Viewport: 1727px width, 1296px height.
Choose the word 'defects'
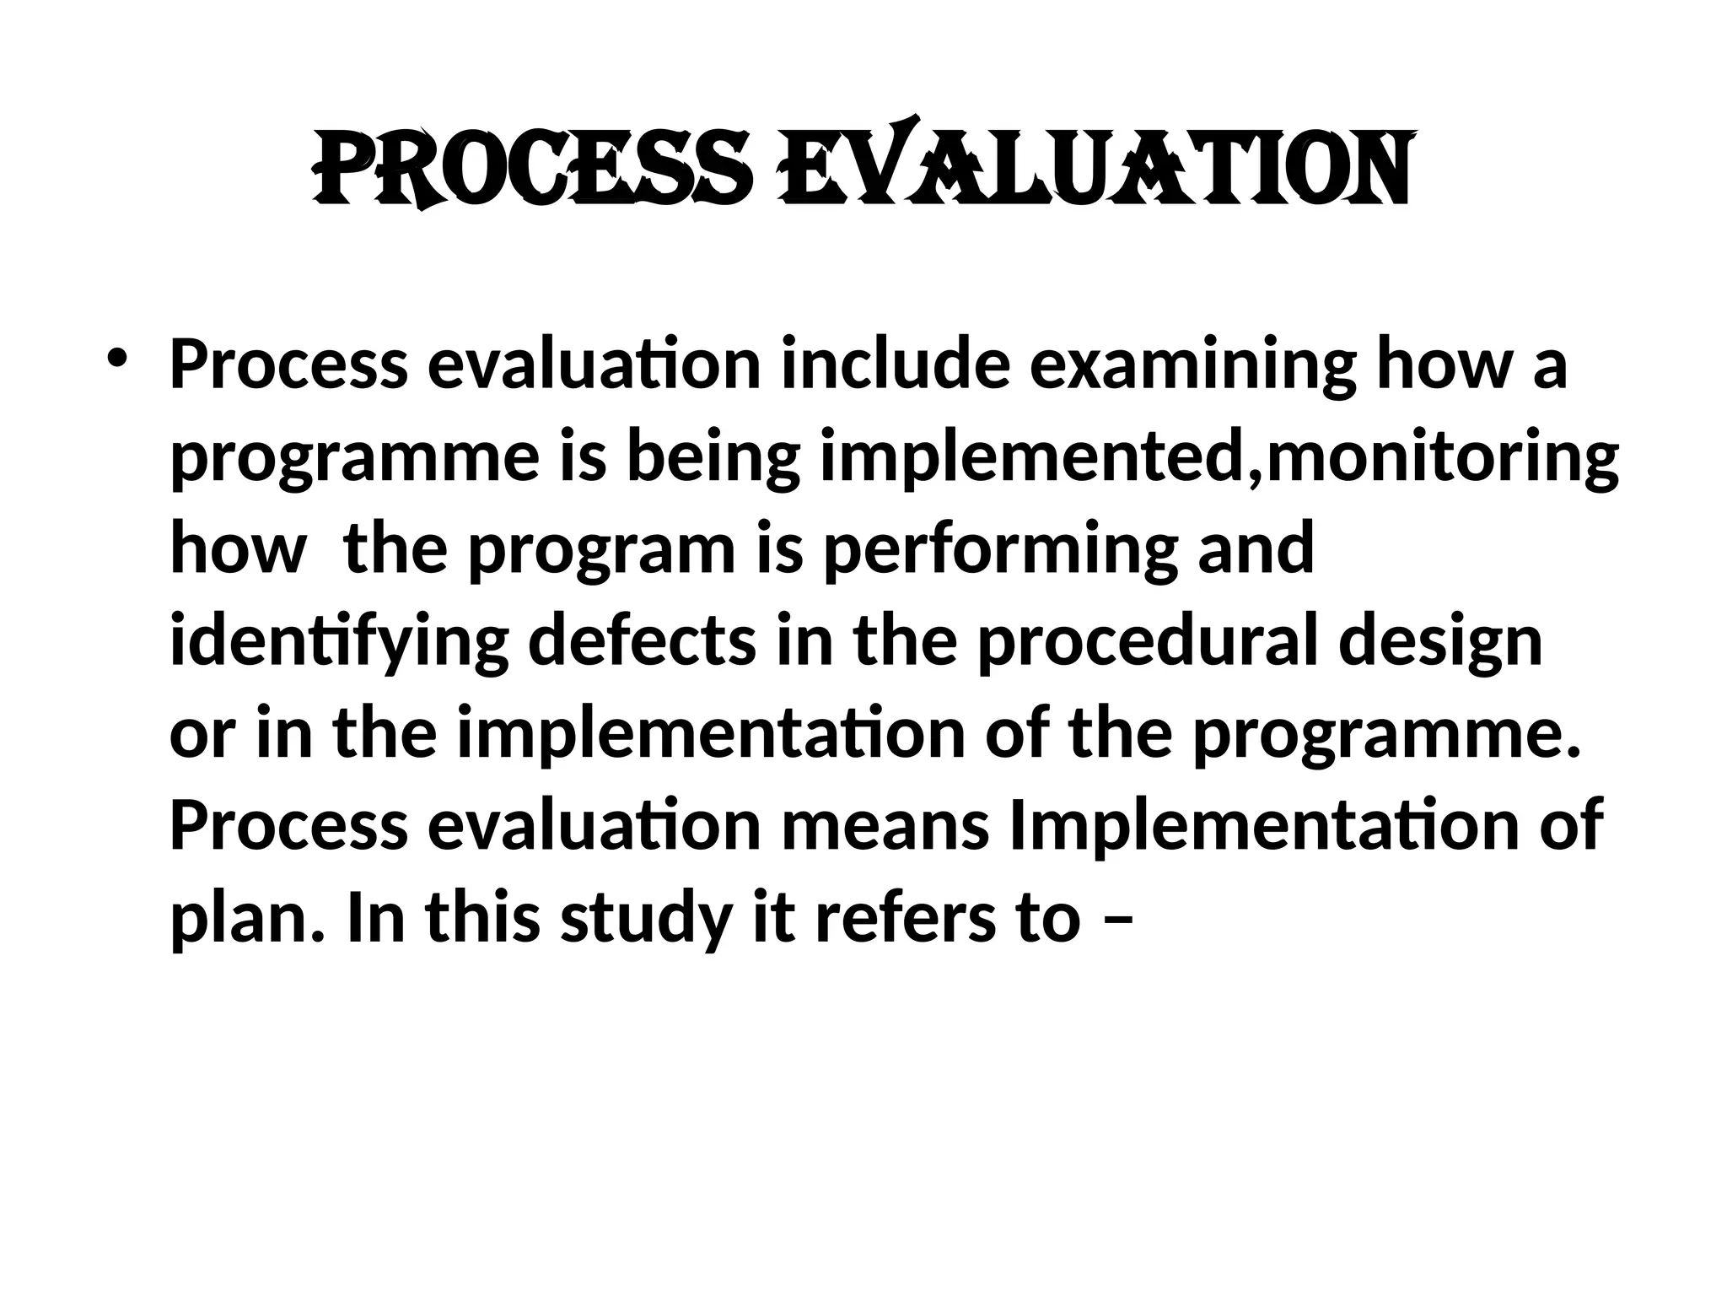[642, 641]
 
